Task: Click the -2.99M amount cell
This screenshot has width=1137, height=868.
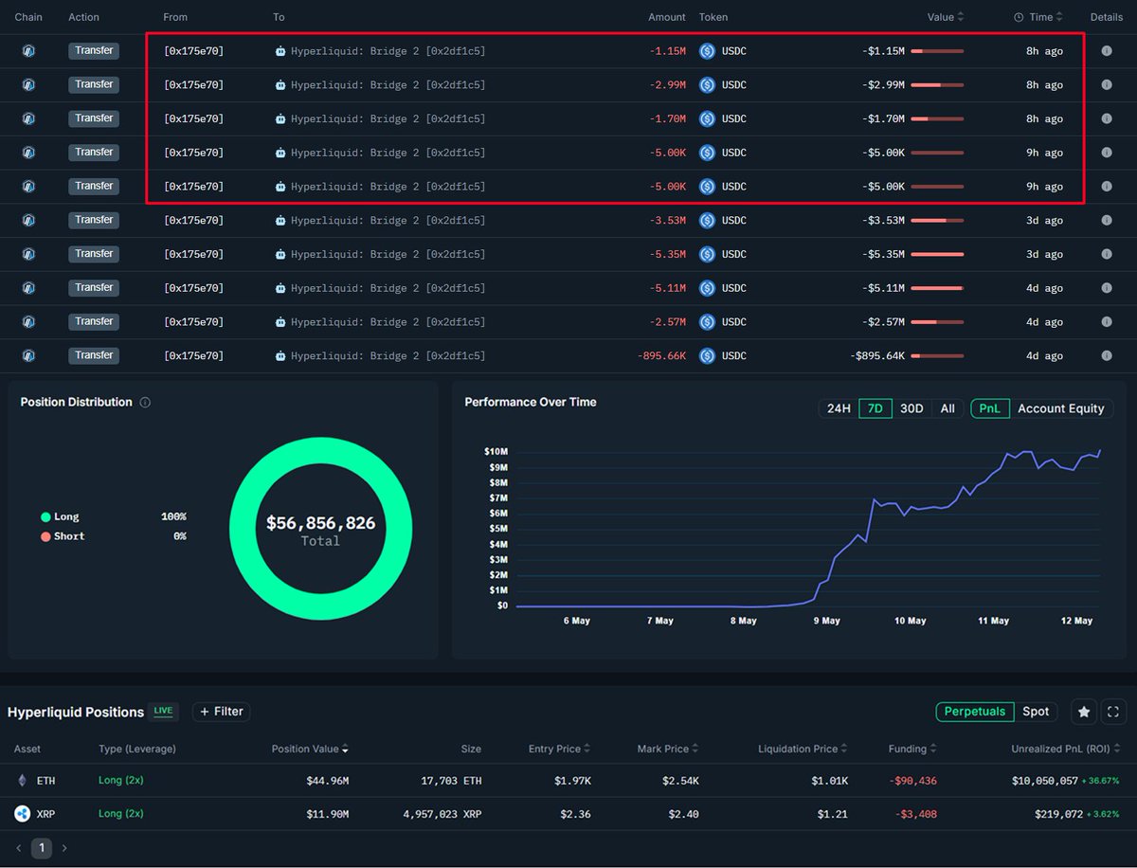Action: click(x=667, y=85)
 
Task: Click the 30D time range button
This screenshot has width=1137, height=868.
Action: click(x=911, y=408)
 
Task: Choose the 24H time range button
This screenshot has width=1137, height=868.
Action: click(x=839, y=408)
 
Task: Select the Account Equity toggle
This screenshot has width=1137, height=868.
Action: click(x=1060, y=408)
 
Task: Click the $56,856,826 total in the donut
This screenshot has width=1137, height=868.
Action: click(x=320, y=523)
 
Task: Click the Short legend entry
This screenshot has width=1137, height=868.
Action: click(x=68, y=536)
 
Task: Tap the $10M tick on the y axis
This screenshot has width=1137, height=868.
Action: click(x=496, y=452)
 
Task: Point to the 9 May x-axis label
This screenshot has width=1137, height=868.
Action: click(x=826, y=621)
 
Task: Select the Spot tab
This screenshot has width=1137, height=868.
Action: click(x=1036, y=712)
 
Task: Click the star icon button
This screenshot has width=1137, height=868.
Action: click(x=1084, y=712)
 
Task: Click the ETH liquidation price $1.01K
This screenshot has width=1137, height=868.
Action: click(x=831, y=781)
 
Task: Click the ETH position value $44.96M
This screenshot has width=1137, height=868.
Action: click(x=327, y=781)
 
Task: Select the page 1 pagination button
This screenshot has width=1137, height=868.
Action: click(x=42, y=848)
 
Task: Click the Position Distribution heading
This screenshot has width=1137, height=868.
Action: click(x=76, y=402)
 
